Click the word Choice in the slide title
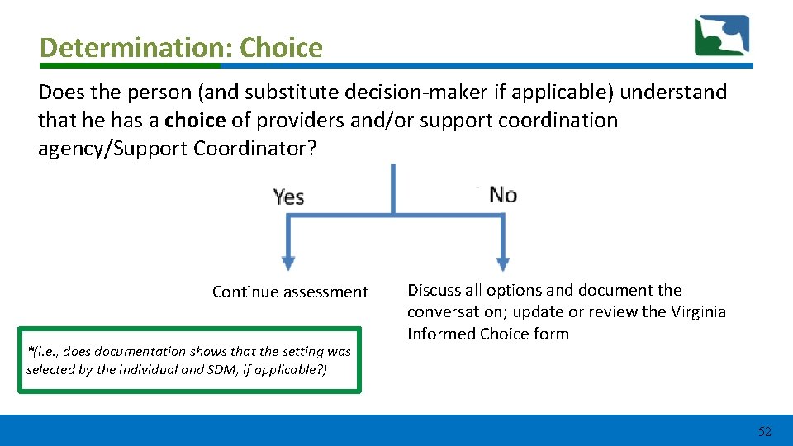click(x=281, y=48)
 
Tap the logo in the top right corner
click(x=721, y=36)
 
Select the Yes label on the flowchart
click(x=289, y=197)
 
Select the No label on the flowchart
click(x=503, y=195)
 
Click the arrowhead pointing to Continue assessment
click(x=288, y=263)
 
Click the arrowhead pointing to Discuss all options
click(x=502, y=263)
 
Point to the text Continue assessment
click(x=290, y=292)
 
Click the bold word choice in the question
click(x=194, y=121)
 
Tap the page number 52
click(x=764, y=431)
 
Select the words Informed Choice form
click(x=487, y=334)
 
